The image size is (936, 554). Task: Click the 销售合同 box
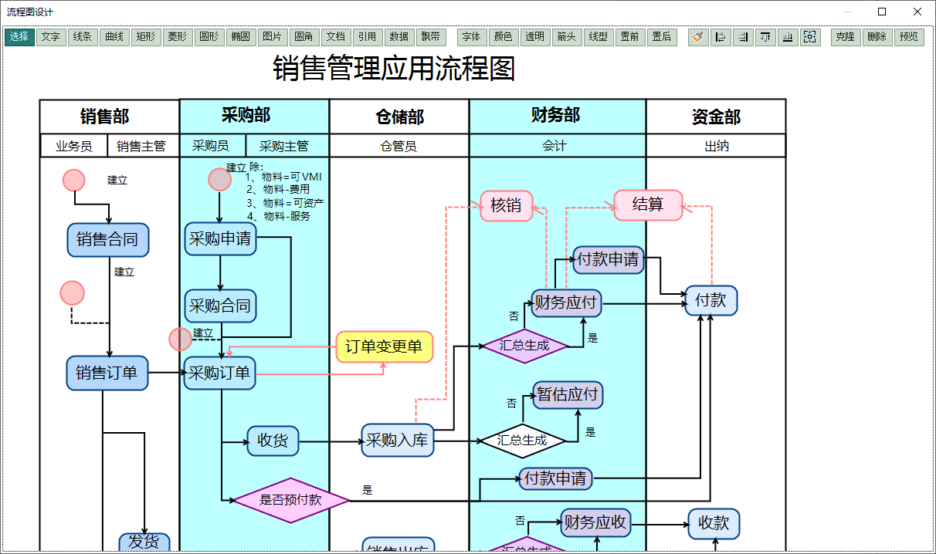[x=107, y=240]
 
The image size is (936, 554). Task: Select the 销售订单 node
[x=107, y=373]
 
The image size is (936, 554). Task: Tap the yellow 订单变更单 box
[x=384, y=346]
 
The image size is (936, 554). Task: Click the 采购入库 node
[x=397, y=441]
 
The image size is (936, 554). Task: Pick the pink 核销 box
[x=506, y=205]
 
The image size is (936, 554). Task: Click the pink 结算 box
[x=648, y=204]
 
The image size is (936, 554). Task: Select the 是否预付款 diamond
[x=290, y=500]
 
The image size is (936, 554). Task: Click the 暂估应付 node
[x=568, y=395]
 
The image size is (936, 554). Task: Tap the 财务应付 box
[x=566, y=302]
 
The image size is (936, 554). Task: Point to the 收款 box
[x=714, y=524]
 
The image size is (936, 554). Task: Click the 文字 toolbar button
[x=51, y=37]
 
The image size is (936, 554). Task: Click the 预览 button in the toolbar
[x=909, y=37]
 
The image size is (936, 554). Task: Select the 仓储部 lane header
[x=399, y=117]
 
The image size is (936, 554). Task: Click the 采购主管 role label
[x=284, y=146]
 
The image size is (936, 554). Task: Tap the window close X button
[x=917, y=12]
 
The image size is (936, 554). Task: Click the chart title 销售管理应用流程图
[x=394, y=69]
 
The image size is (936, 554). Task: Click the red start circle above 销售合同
[x=73, y=180]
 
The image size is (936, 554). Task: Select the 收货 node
[x=273, y=441]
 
